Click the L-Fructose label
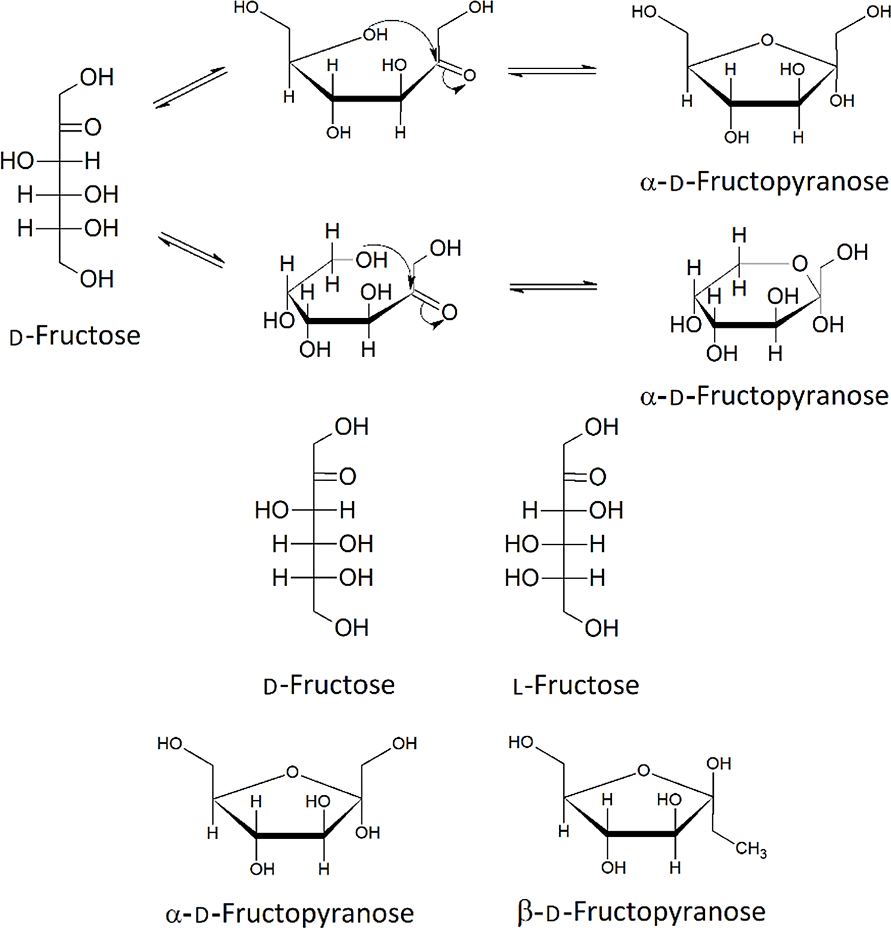[576, 685]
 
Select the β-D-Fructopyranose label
[641, 912]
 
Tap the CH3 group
[751, 849]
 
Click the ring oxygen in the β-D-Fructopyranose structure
[643, 770]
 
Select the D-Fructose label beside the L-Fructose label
[329, 685]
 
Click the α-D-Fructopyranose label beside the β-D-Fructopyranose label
[289, 913]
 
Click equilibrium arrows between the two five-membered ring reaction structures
[552, 71]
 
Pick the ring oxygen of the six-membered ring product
[800, 263]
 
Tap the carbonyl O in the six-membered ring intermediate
[449, 312]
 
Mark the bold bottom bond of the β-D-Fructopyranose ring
[642, 833]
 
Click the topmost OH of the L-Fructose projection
[602, 427]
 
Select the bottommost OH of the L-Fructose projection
[602, 628]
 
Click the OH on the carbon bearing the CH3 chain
[719, 763]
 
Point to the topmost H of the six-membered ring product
[739, 235]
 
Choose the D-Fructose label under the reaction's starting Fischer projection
[75, 336]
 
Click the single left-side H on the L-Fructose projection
[530, 510]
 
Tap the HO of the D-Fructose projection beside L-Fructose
[272, 510]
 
